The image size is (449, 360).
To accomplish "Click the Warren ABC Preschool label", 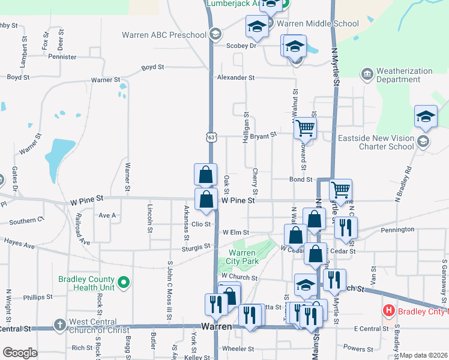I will coord(164,35).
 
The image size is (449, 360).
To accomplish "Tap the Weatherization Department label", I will coord(404,75).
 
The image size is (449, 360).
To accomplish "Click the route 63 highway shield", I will coord(210,137).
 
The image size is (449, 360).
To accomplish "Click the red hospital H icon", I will coord(389,311).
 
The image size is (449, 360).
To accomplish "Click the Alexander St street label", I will coord(236,78).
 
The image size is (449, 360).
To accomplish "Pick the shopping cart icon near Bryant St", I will coord(306,127).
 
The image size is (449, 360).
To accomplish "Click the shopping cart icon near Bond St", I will coord(341,190).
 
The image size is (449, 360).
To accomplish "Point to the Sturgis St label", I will coord(196,247).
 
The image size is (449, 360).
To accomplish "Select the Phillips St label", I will coord(38,297).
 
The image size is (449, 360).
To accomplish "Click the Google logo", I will coord(20,353).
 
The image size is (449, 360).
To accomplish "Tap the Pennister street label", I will coord(62,57).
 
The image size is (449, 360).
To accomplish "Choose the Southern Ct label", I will coord(23,221).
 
